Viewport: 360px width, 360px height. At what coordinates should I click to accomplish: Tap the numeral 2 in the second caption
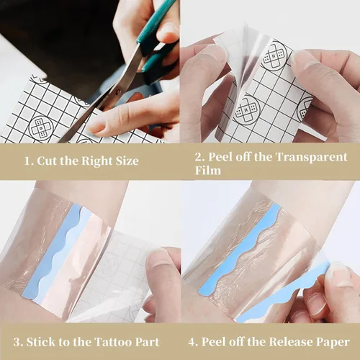pyautogui.click(x=199, y=156)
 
